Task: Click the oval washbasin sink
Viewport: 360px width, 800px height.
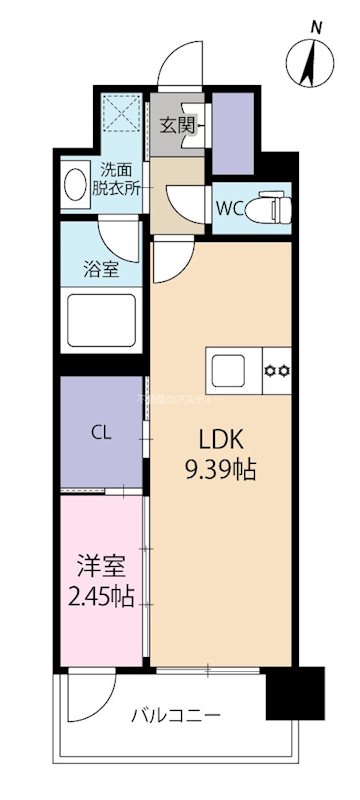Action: (75, 185)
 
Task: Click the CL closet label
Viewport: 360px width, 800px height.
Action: (101, 433)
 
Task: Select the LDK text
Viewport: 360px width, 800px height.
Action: (221, 440)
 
